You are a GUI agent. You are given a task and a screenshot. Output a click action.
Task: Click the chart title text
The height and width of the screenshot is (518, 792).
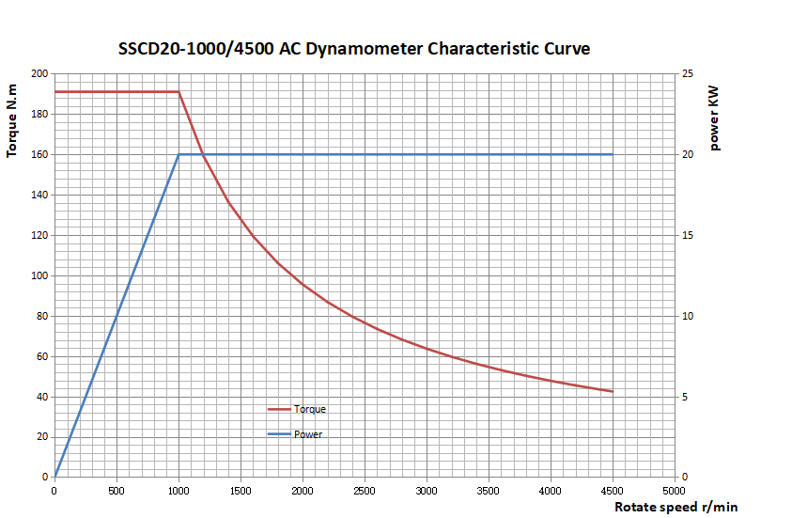point(354,49)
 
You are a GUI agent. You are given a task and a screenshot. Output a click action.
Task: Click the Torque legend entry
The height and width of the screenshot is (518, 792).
point(309,409)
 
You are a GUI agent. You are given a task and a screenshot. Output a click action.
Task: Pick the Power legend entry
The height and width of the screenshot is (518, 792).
point(308,434)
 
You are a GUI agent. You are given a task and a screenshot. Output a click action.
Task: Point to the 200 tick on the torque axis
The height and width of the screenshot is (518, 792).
point(39,73)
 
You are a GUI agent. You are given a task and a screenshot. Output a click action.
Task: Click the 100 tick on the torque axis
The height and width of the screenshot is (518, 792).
point(39,275)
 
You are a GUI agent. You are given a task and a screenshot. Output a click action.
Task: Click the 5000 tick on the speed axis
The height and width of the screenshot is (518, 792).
point(675,491)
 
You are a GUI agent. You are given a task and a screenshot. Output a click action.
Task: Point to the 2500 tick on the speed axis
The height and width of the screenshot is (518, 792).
point(365,491)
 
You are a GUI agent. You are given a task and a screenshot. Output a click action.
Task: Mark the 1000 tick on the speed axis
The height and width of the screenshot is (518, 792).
point(179,491)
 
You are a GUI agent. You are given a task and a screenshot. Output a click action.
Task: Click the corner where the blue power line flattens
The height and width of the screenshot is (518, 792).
point(179,154)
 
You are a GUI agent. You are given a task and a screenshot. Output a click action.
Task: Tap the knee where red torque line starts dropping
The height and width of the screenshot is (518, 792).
point(179,92)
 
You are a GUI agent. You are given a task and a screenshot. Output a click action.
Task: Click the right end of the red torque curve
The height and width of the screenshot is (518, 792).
point(613,391)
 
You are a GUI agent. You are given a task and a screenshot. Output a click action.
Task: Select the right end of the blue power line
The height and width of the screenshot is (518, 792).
point(613,154)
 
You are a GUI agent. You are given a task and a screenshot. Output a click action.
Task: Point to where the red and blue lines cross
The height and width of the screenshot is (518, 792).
point(203,154)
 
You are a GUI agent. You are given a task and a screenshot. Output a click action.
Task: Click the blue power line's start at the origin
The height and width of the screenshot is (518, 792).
point(54,477)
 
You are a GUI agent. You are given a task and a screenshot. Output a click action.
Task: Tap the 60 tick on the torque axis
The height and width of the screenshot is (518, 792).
point(42,356)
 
